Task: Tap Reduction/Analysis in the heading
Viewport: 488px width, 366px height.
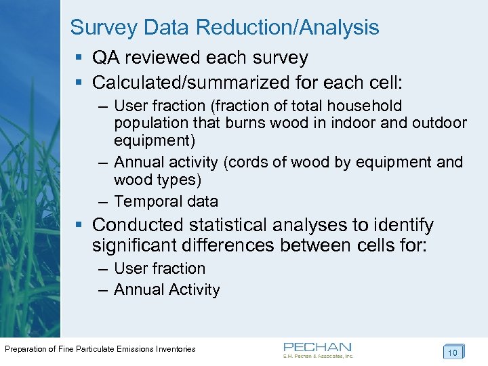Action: click(287, 28)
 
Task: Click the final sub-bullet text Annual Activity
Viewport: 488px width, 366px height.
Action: click(167, 290)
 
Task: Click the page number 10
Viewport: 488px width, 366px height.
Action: click(452, 352)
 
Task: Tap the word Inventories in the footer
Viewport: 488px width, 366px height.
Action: click(176, 349)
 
